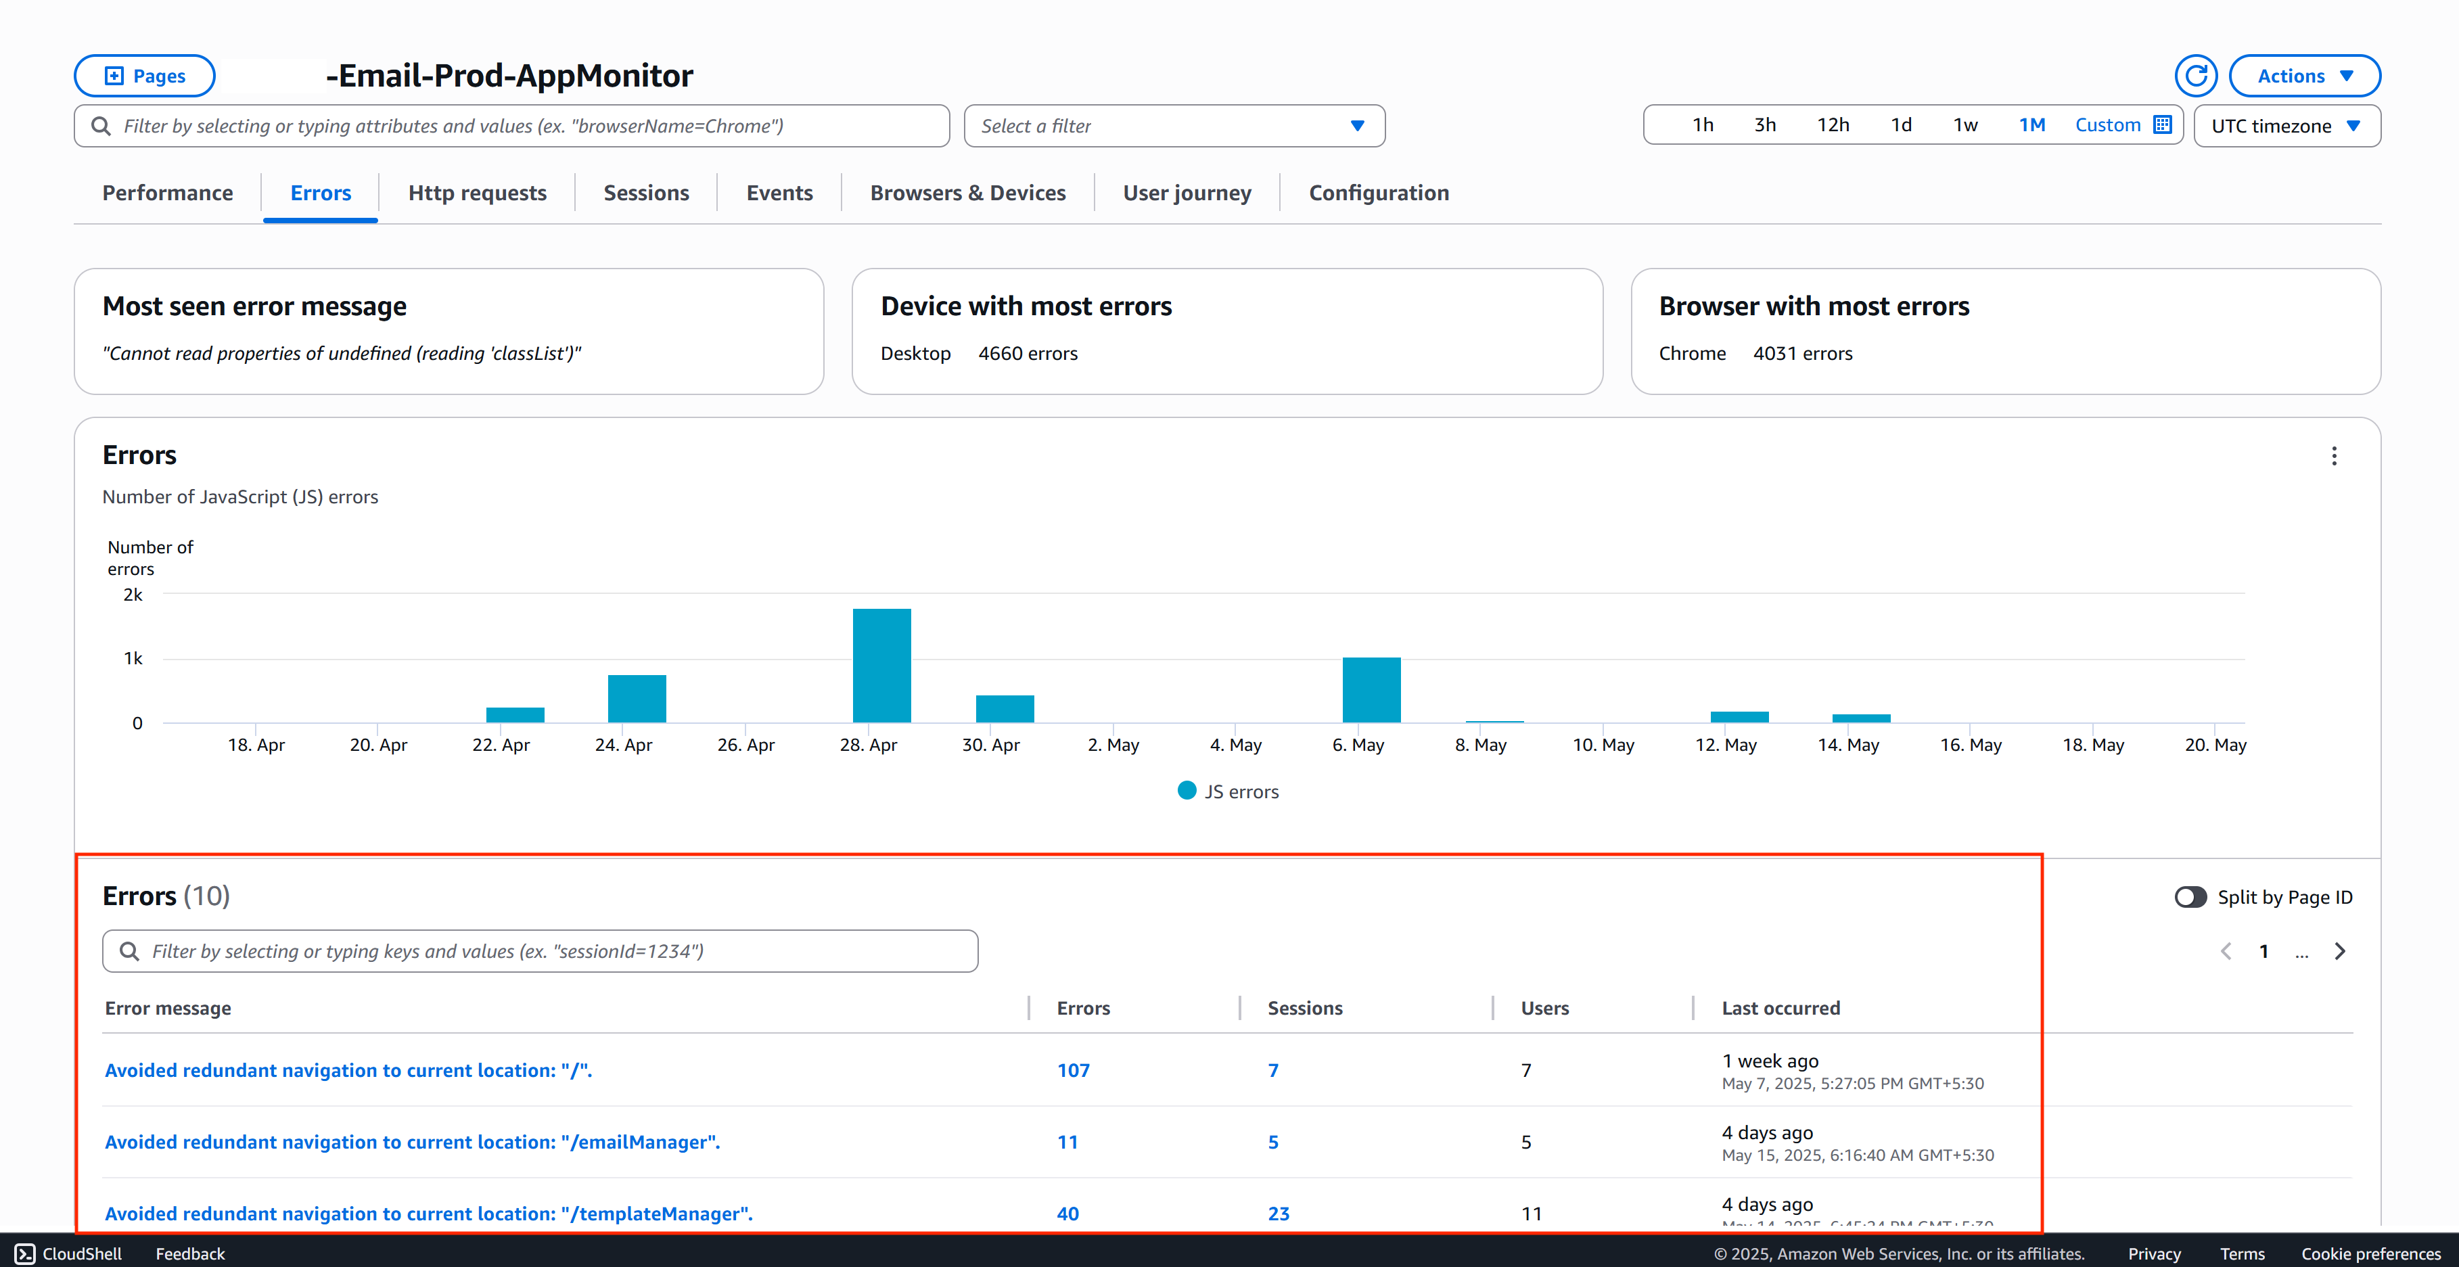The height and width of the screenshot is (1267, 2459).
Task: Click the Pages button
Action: coord(144,76)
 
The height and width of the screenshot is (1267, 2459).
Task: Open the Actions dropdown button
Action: coord(2303,76)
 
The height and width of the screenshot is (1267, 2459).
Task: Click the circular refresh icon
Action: coord(2196,76)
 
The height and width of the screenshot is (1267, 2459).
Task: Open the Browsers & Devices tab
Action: coord(967,193)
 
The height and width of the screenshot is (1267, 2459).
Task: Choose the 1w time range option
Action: coord(1964,125)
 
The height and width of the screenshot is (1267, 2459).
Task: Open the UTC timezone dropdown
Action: coord(2285,126)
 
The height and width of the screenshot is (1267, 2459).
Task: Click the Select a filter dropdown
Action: coord(1173,126)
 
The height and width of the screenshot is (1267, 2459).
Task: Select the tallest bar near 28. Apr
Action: coord(881,666)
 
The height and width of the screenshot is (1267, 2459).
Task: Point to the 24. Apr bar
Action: coord(637,699)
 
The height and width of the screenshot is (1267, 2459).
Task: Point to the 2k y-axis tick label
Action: coord(133,595)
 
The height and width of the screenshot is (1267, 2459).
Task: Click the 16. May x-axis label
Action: coord(1971,745)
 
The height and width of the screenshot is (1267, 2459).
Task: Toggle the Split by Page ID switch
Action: coord(2190,896)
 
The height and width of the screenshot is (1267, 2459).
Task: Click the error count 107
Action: coord(1073,1070)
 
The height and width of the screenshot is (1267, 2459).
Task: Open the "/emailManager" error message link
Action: coord(411,1142)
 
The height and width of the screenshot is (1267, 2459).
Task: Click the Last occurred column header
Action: coord(1780,1008)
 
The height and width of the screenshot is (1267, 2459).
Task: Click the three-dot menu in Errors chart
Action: coord(2334,457)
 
